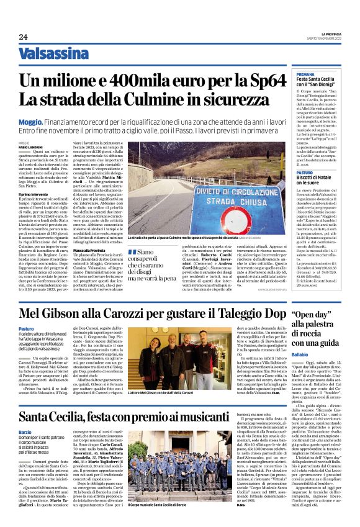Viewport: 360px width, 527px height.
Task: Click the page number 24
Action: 23,37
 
